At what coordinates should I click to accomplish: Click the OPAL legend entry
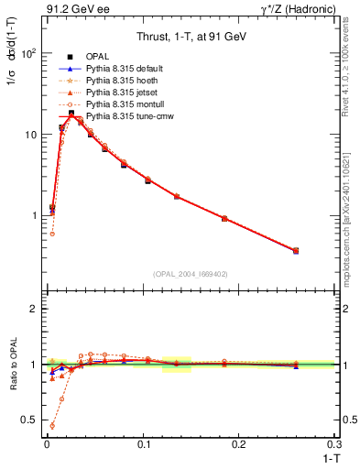[99, 57]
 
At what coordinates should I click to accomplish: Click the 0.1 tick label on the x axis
[143, 444]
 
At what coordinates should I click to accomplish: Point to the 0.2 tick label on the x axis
[239, 444]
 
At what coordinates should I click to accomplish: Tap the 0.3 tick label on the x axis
[335, 444]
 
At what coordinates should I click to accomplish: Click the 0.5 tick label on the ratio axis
[28, 420]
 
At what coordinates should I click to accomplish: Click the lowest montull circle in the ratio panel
[52, 426]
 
